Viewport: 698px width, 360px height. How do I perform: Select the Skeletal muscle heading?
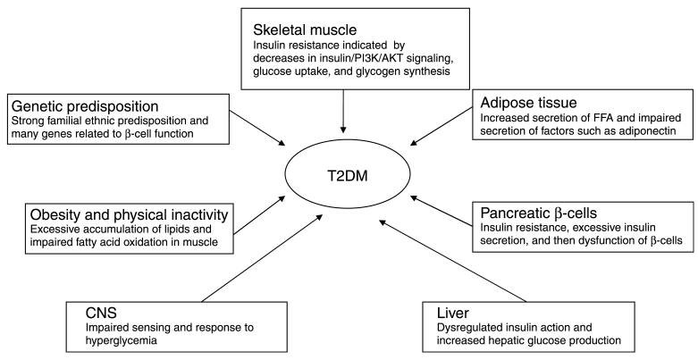[304, 29]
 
